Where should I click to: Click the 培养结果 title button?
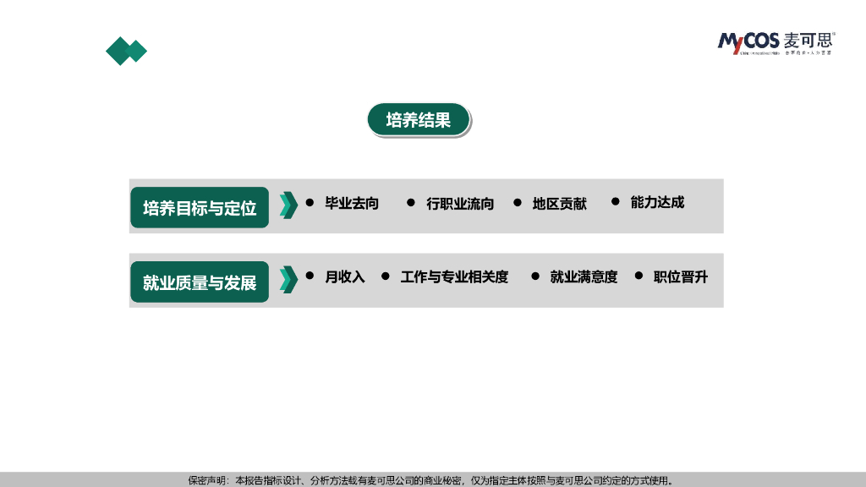[418, 120]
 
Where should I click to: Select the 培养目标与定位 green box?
[200, 208]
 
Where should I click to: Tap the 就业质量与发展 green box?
[200, 282]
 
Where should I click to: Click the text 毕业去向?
[352, 203]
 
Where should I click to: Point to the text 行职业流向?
[460, 204]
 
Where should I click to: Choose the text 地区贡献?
[559, 204]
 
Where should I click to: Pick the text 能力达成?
[657, 202]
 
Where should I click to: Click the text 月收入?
[345, 276]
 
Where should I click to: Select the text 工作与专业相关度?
[454, 276]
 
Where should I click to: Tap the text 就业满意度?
[584, 276]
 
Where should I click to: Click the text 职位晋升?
[680, 276]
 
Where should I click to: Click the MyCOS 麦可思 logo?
[776, 41]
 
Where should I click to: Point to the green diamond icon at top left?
[126, 52]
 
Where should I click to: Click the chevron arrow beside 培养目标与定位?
[288, 205]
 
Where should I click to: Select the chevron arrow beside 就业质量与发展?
[288, 279]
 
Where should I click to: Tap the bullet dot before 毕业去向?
[310, 203]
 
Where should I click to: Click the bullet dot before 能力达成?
[616, 201]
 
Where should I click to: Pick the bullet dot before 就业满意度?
[534, 276]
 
